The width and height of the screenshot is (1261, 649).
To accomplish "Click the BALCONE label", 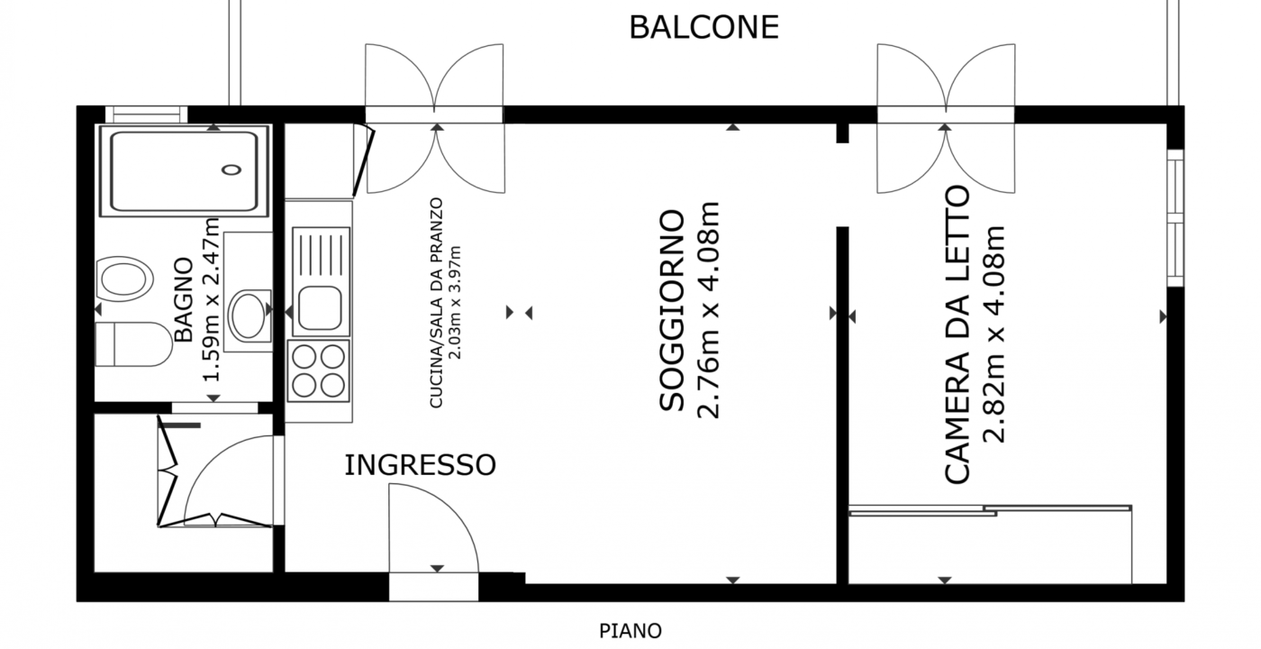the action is point(703,27).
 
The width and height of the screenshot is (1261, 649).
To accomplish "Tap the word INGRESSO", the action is point(420,465).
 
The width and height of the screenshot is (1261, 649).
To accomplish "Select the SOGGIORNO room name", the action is point(672,310).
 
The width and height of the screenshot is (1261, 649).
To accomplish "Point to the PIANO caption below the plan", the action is point(630,631).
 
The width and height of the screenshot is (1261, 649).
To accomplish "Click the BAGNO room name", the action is point(184,299).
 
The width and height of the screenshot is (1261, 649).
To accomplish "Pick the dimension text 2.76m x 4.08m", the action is point(708,310).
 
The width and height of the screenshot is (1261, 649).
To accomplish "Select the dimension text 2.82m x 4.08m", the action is point(993,334).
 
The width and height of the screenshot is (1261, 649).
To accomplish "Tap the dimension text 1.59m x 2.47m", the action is point(211,299).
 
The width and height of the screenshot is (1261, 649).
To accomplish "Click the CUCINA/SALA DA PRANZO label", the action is point(436,303).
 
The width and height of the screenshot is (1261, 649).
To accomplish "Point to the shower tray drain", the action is point(231,169).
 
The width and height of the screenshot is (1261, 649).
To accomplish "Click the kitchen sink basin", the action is point(320,308).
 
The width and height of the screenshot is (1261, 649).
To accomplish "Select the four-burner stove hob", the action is point(319,371).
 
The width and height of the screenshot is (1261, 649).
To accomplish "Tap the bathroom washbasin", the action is point(249,315).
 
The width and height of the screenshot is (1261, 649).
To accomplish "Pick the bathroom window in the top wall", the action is point(146,114).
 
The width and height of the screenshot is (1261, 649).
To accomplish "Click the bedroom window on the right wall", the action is point(1175,218).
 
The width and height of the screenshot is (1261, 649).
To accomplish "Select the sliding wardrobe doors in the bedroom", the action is point(990,510).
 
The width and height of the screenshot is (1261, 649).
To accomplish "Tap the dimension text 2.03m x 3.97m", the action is point(456,303).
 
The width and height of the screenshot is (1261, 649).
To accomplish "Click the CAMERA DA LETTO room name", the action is point(957,334).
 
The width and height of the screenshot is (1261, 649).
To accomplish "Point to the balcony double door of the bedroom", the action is point(946,118).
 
